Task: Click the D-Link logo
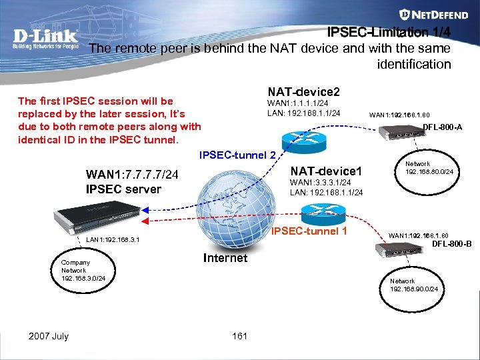[45, 39]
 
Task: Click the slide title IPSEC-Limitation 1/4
[389, 32]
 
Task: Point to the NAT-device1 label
[326, 171]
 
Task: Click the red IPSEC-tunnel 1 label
[310, 231]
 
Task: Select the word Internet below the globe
[225, 258]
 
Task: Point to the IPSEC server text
[123, 189]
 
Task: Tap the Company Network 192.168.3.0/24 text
[83, 270]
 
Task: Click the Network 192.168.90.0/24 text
[413, 285]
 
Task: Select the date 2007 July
[48, 336]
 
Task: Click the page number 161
[239, 336]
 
